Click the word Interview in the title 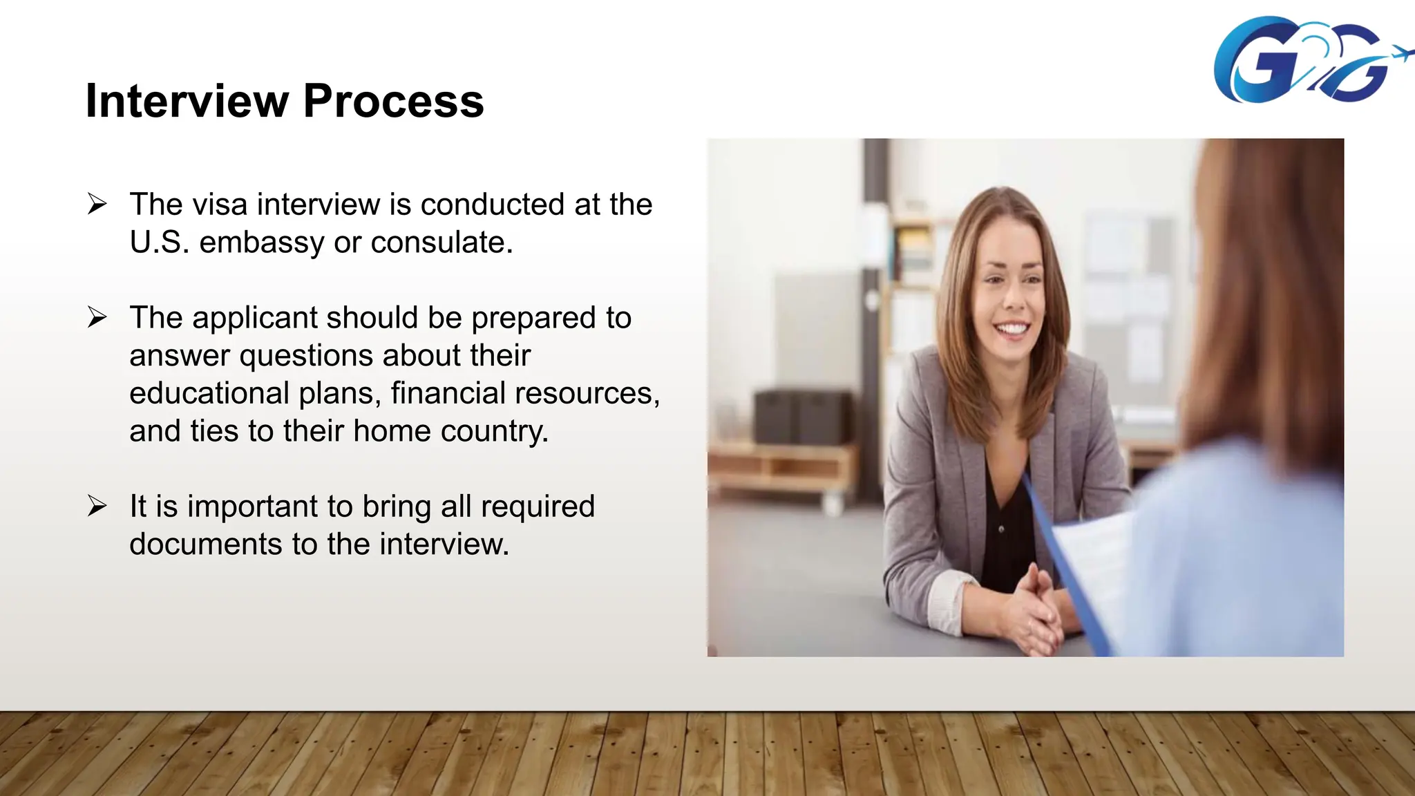(x=187, y=101)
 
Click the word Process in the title (x=393, y=101)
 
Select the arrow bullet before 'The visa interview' (x=97, y=204)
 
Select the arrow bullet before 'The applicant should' (x=97, y=317)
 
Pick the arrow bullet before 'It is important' (x=97, y=506)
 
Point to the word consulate (x=441, y=243)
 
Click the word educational (x=209, y=393)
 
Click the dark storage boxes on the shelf (x=802, y=417)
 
